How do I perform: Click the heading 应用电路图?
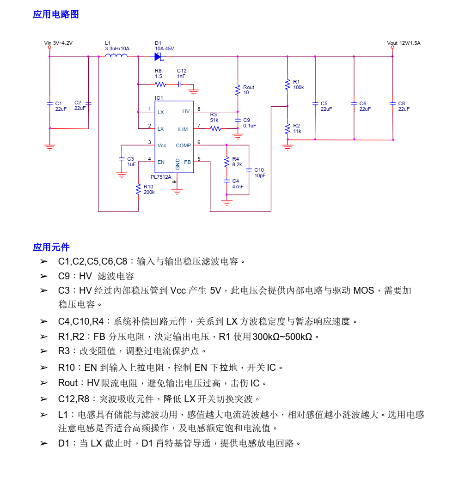[x=55, y=14]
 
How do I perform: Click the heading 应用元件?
[x=51, y=247]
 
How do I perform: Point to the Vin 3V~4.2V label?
[x=58, y=43]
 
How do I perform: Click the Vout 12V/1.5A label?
[x=404, y=43]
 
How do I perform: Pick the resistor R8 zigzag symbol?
[x=160, y=85]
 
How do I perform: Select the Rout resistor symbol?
[x=238, y=90]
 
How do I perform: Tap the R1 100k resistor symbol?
[x=288, y=84]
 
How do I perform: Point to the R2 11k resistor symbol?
[x=288, y=128]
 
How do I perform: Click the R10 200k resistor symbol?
[x=138, y=189]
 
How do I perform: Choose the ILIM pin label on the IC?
[x=183, y=129]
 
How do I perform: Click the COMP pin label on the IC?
[x=183, y=145]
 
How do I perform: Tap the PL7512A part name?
[x=161, y=177]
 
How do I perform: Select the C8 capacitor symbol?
[x=392, y=104]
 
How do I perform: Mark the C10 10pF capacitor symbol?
[x=249, y=170]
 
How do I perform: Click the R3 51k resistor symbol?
[x=215, y=129]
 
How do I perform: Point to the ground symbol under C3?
[x=122, y=175]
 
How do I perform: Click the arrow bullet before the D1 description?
[x=43, y=443]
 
